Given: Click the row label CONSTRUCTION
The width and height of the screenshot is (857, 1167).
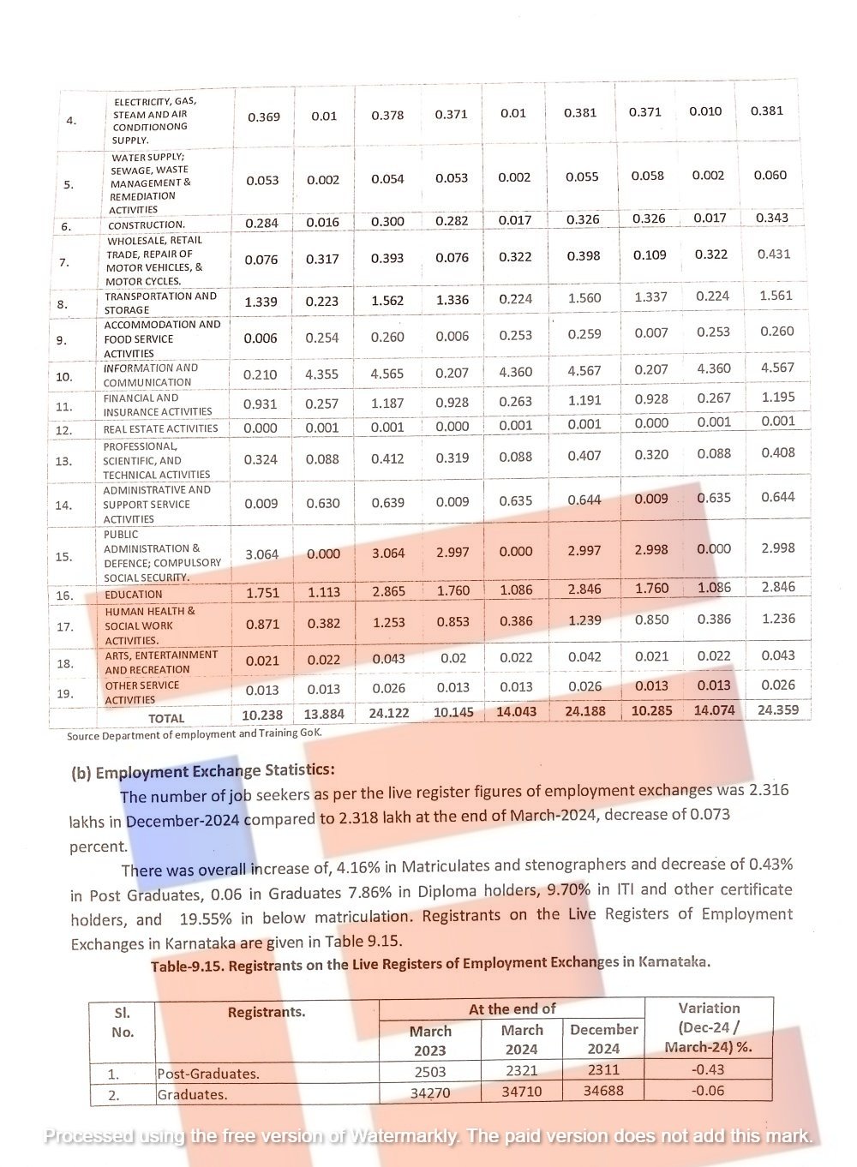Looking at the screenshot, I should [147, 225].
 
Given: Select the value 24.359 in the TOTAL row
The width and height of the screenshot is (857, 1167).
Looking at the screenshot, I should [778, 709].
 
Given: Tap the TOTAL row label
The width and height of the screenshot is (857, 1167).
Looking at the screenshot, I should [166, 718].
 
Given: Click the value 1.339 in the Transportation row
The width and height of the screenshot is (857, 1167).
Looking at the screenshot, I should [261, 301].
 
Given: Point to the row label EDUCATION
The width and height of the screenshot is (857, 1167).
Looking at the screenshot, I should [134, 594].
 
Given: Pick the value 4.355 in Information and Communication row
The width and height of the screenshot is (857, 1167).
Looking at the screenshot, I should [322, 374].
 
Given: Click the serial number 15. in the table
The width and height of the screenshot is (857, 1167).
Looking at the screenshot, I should [64, 556].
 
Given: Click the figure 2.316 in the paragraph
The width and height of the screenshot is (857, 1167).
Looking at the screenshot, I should [769, 790].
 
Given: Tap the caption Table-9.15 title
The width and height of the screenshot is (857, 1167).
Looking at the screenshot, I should [430, 963].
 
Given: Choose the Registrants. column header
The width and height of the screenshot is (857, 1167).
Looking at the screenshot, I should [267, 1012].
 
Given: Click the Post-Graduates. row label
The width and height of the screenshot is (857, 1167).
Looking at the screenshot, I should [208, 1074].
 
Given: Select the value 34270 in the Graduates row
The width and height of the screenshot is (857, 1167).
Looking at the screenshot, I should [430, 1092].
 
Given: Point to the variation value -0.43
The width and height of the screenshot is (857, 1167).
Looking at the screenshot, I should [708, 1069].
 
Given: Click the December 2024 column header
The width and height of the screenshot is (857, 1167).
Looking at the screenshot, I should [604, 1038].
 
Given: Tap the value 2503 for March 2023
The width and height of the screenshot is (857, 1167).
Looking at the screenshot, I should [430, 1071].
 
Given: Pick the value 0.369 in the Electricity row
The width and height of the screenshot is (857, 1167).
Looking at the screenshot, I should [263, 117].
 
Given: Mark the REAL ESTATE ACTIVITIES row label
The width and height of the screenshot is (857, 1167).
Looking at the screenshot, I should [161, 428].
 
